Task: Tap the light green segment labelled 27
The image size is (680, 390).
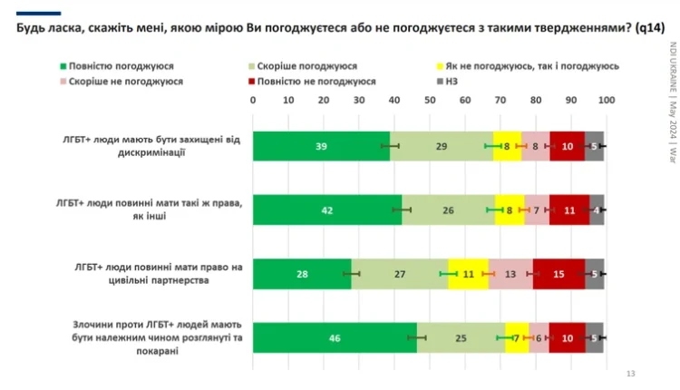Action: (x=400, y=274)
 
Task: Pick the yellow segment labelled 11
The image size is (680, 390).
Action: (x=468, y=274)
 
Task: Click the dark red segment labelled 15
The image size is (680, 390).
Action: (x=559, y=274)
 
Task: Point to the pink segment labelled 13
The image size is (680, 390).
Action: (x=510, y=274)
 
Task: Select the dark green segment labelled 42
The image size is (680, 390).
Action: (x=326, y=210)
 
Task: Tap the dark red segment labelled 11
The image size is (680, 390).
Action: (x=569, y=210)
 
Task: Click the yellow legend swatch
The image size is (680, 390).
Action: (x=441, y=66)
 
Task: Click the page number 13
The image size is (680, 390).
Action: (x=632, y=375)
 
